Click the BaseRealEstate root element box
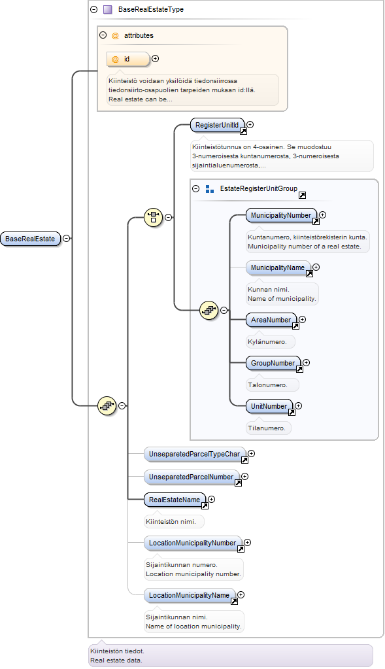tap(30, 239)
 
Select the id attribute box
tap(128, 60)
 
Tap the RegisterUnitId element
tap(218, 125)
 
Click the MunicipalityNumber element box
tap(281, 215)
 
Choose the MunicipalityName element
tap(278, 267)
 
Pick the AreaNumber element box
tap(271, 320)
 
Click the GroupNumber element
tap(273, 363)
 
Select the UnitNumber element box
tap(269, 406)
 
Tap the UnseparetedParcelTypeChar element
tap(194, 455)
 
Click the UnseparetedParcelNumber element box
tap(192, 477)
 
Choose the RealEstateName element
tap(175, 500)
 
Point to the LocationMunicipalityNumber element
tap(193, 543)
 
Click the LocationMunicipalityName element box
tap(190, 595)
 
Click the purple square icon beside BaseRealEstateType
tap(108, 9)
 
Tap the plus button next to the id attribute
tap(155, 58)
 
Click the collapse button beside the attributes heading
tap(103, 35)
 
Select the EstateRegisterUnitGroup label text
tap(259, 188)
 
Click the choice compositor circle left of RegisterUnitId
tap(154, 218)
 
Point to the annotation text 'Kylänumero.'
tap(267, 342)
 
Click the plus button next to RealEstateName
tap(211, 499)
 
